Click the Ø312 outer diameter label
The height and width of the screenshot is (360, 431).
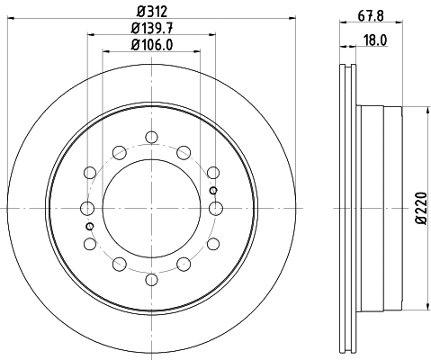[151, 11]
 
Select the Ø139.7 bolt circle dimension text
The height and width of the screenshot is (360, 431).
[151, 29]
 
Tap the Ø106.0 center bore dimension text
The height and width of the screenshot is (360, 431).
[151, 46]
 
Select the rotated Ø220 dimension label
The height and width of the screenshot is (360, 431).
[419, 209]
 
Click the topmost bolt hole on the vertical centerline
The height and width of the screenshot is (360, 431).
[151, 138]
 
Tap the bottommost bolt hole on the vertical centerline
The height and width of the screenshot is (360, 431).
[151, 277]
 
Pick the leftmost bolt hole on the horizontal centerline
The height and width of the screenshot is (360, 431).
[87, 208]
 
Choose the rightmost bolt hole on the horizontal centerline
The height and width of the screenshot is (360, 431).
[215, 208]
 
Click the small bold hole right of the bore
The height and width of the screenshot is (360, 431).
[212, 190]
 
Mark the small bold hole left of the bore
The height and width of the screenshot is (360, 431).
[89, 226]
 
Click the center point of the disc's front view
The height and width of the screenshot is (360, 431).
[151, 208]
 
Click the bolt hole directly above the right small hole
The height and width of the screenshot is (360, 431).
[213, 171]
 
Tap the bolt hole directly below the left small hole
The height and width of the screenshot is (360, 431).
[89, 244]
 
